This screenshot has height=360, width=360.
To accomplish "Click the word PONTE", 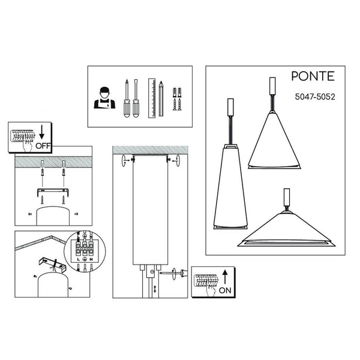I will click(312, 77).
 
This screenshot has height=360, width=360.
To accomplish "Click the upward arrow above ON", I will click(224, 275).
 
